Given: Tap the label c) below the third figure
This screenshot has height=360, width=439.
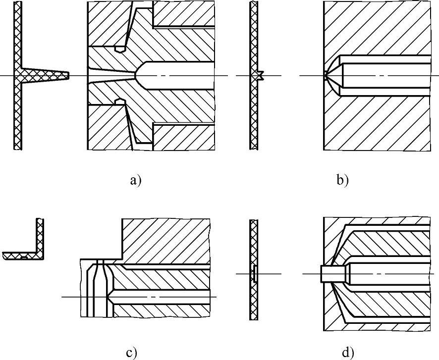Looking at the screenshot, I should click(131, 352).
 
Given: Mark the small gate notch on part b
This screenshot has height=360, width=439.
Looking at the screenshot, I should click(261, 75).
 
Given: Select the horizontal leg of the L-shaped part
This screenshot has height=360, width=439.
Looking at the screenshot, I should click(20, 256).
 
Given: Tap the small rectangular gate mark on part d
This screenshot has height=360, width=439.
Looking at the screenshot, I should click(254, 273).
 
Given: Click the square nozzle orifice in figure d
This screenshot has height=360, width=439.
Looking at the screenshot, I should click(328, 273).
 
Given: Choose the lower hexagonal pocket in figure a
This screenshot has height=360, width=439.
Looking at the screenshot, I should click(119, 102).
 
